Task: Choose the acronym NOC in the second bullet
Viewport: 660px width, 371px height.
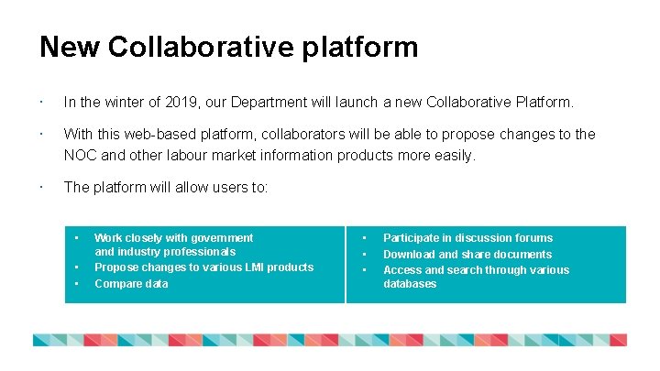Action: pyautogui.click(x=80, y=156)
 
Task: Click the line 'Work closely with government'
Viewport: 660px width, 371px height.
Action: pyautogui.click(x=173, y=237)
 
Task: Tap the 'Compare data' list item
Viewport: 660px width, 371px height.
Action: pyautogui.click(x=131, y=284)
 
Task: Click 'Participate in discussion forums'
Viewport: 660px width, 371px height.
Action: pyautogui.click(x=467, y=238)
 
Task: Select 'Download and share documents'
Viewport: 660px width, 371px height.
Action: pyautogui.click(x=467, y=255)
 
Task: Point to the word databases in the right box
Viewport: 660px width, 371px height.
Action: pyautogui.click(x=410, y=284)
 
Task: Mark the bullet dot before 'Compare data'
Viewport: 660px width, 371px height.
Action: pyautogui.click(x=78, y=284)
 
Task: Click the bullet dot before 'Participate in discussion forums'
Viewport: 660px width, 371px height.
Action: pyautogui.click(x=365, y=238)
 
